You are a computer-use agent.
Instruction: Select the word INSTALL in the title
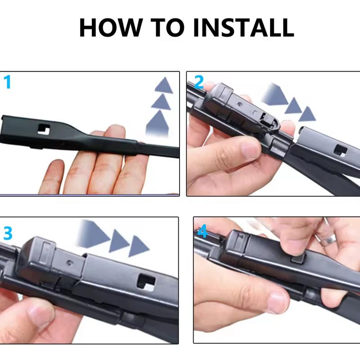[244, 28]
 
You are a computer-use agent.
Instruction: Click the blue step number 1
[8, 82]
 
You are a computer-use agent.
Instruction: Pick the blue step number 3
[8, 233]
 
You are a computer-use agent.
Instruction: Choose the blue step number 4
[202, 232]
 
